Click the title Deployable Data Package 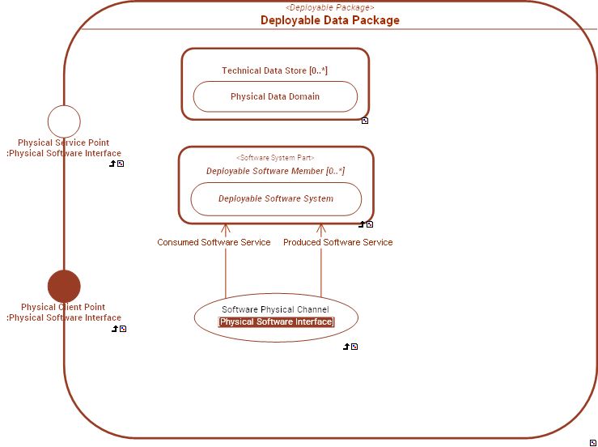(x=329, y=20)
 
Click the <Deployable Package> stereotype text (x=329, y=7)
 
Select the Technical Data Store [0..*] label (x=274, y=70)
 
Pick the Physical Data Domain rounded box (x=275, y=96)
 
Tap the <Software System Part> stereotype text (x=275, y=158)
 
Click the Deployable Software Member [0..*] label (x=275, y=171)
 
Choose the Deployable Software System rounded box (x=276, y=198)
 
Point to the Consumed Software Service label (x=214, y=242)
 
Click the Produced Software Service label (x=337, y=242)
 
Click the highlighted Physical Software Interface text (x=276, y=322)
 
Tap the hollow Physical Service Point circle (x=64, y=121)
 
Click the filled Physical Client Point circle (x=64, y=287)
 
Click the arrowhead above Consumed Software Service (x=226, y=229)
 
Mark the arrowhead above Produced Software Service (x=321, y=229)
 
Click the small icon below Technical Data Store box (x=365, y=121)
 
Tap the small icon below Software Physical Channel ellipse (x=354, y=347)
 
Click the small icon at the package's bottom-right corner (x=593, y=441)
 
